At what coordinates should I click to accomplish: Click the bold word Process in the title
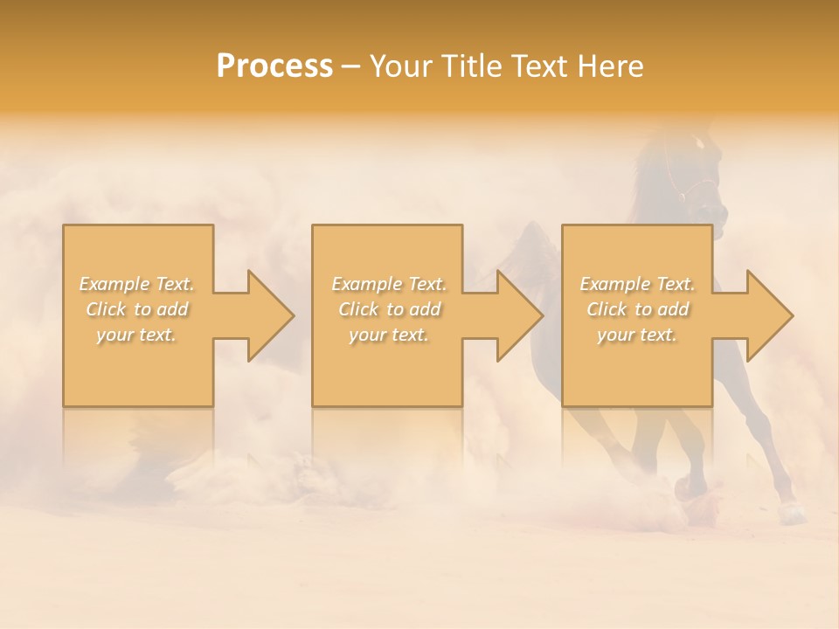click(274, 66)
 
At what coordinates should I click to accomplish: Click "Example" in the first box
click(114, 284)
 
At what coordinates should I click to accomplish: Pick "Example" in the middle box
click(366, 284)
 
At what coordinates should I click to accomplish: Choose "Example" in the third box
click(614, 284)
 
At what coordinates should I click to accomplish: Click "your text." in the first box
click(136, 335)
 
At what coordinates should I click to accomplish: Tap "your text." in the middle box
click(388, 335)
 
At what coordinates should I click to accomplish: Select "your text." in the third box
click(636, 335)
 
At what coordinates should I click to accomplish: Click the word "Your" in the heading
click(394, 66)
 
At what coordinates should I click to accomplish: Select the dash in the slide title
click(351, 66)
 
